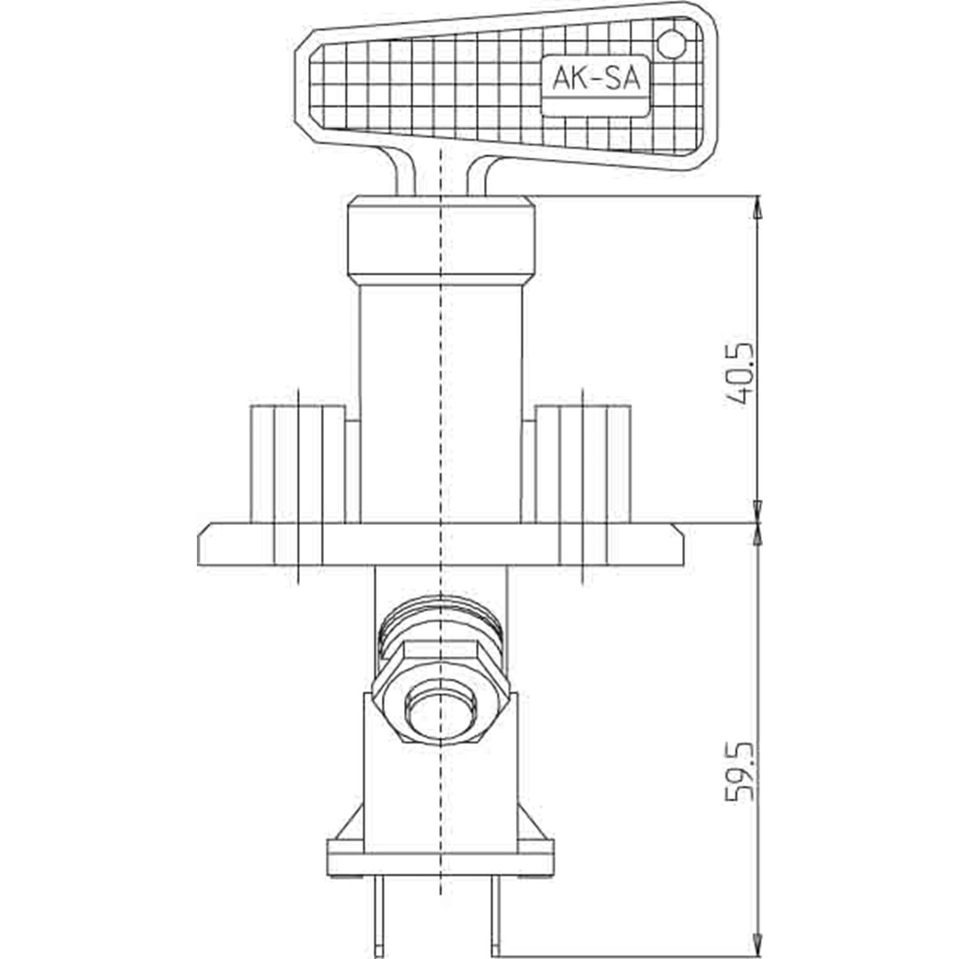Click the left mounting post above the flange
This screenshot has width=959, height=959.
click(298, 464)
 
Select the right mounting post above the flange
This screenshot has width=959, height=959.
click(582, 464)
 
